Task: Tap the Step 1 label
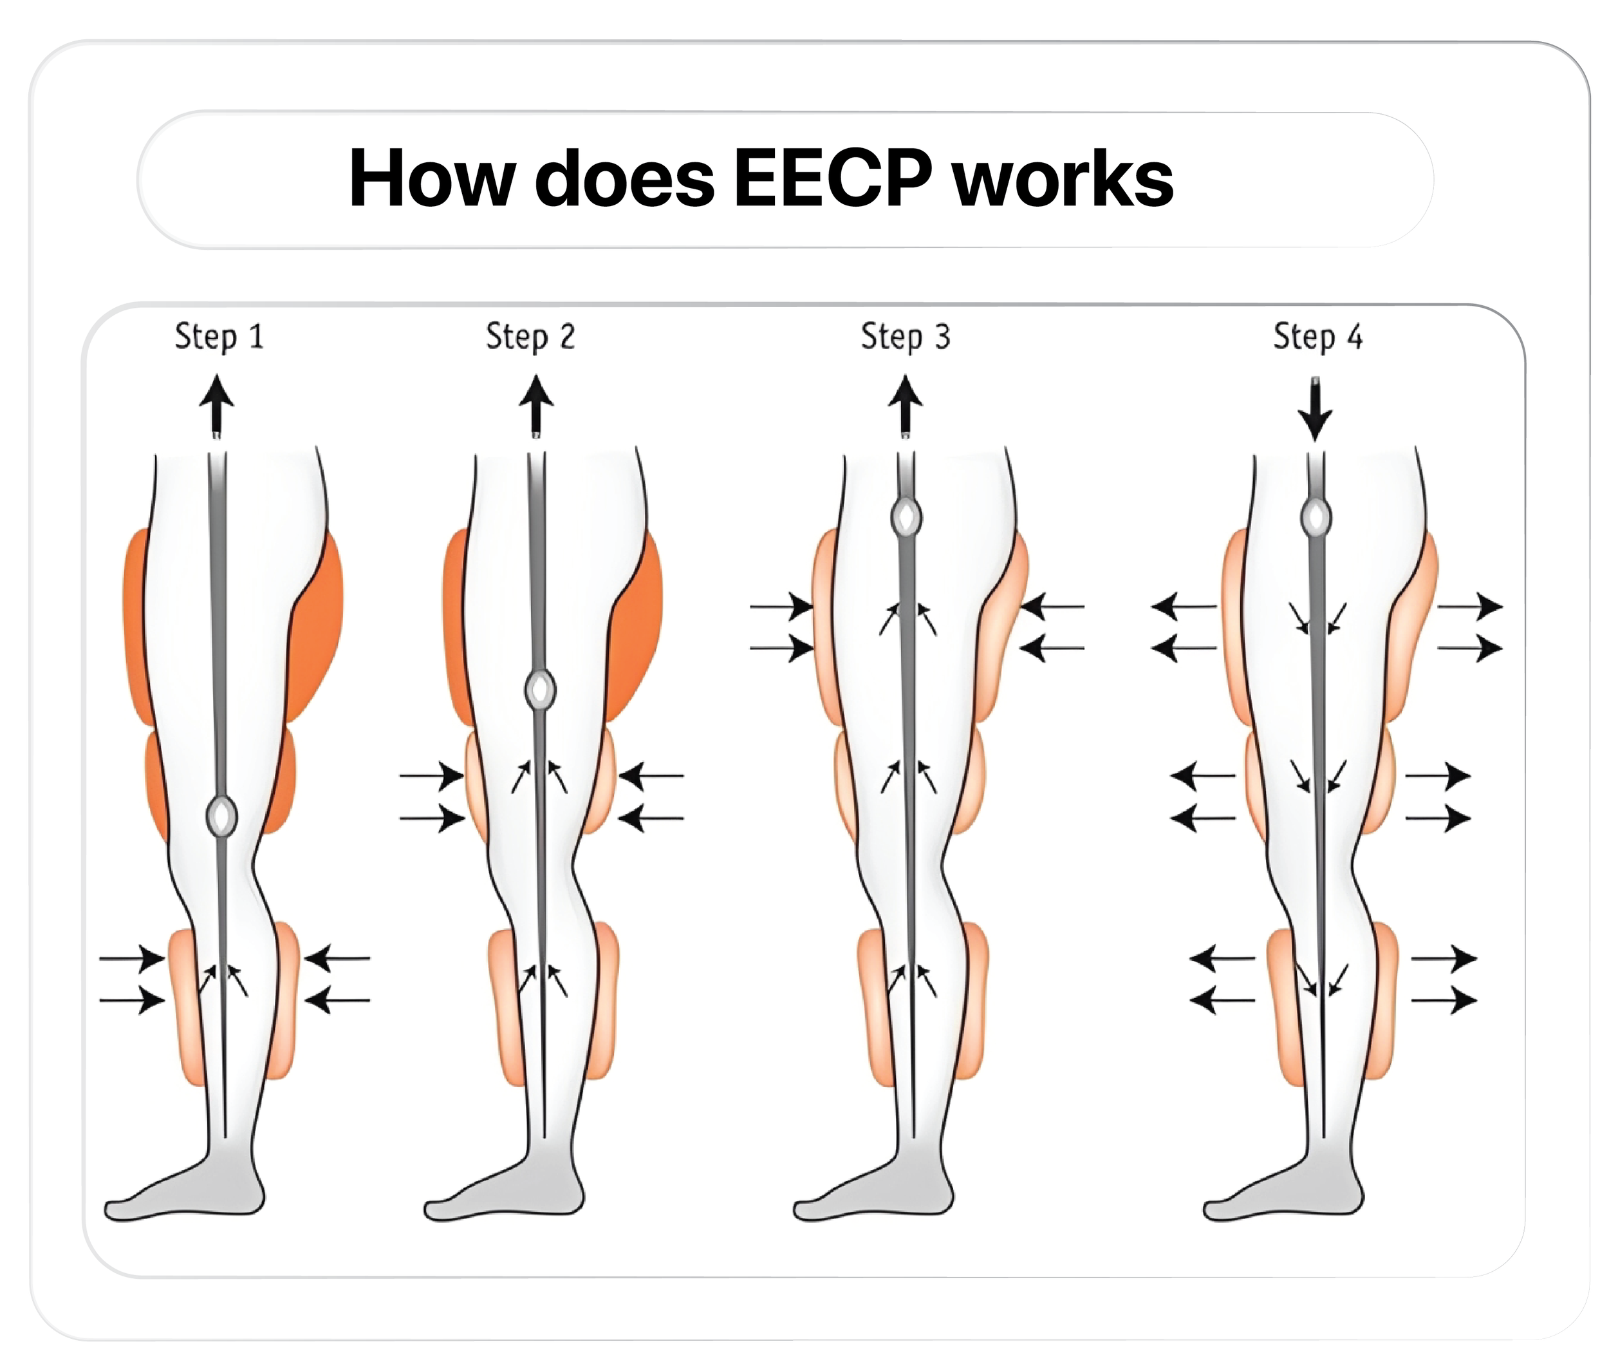click(x=219, y=337)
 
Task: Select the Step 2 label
click(x=530, y=337)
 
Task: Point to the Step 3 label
click(x=905, y=337)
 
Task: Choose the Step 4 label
click(x=1317, y=337)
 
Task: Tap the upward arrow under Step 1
click(x=217, y=405)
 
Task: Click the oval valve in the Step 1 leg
click(x=221, y=815)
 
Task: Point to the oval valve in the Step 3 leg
click(x=906, y=517)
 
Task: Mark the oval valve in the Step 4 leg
click(x=1316, y=517)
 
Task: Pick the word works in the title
click(x=1063, y=179)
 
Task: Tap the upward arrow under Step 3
click(x=905, y=405)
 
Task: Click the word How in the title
click(x=432, y=179)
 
